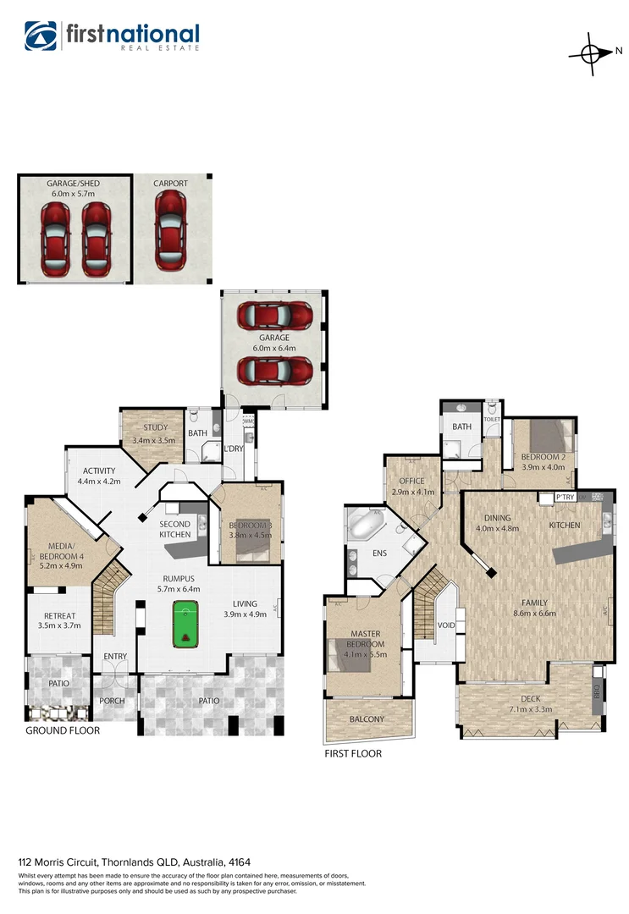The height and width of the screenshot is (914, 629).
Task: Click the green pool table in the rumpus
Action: [x=186, y=625]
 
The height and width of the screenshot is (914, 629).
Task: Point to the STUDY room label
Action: [x=154, y=427]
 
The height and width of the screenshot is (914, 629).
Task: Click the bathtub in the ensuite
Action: [x=368, y=526]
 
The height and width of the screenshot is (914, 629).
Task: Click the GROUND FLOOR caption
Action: [x=63, y=730]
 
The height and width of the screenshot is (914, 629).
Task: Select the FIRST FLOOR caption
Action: [x=353, y=753]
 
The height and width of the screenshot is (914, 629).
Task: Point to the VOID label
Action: [x=446, y=625]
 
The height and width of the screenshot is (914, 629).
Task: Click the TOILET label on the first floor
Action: [x=492, y=419]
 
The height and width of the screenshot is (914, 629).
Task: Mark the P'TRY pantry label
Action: [x=565, y=497]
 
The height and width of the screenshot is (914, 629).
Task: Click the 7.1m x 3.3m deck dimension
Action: [x=530, y=709]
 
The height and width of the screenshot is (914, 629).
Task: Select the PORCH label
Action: [x=112, y=701]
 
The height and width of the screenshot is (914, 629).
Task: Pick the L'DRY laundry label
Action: [x=234, y=449]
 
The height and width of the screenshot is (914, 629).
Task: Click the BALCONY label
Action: [x=366, y=719]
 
